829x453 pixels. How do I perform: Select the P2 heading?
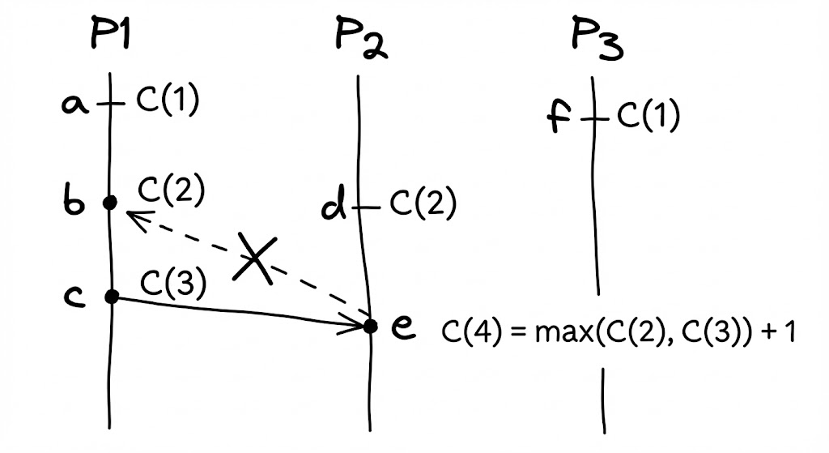(x=360, y=41)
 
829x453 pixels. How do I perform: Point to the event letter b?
(x=74, y=202)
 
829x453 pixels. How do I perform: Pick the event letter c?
(x=74, y=297)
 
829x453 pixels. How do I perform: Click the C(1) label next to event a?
(x=167, y=103)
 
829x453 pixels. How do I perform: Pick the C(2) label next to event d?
(x=423, y=205)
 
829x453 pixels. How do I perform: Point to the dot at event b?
(x=110, y=203)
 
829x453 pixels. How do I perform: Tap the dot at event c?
(x=112, y=297)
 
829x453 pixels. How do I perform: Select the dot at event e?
(x=371, y=326)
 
